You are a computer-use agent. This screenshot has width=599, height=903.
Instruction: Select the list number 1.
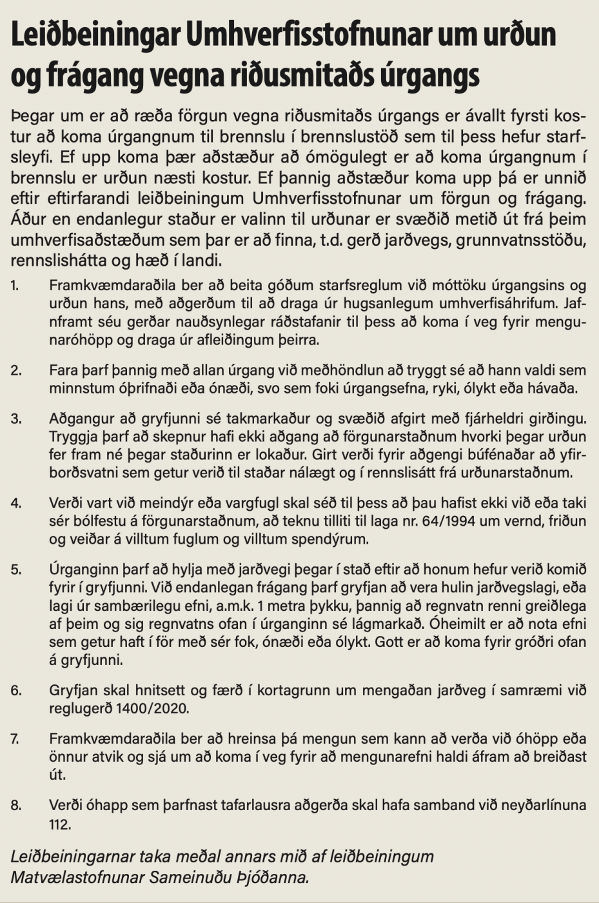pyautogui.click(x=14, y=285)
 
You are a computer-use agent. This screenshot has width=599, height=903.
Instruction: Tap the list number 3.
pyautogui.click(x=15, y=419)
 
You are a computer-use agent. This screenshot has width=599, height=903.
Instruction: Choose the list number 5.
pyautogui.click(x=15, y=570)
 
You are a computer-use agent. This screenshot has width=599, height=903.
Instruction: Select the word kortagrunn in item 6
pyautogui.click(x=295, y=690)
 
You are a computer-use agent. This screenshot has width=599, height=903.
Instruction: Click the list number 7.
pyautogui.click(x=15, y=739)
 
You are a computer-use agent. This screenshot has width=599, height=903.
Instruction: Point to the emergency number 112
pyautogui.click(x=59, y=824)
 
